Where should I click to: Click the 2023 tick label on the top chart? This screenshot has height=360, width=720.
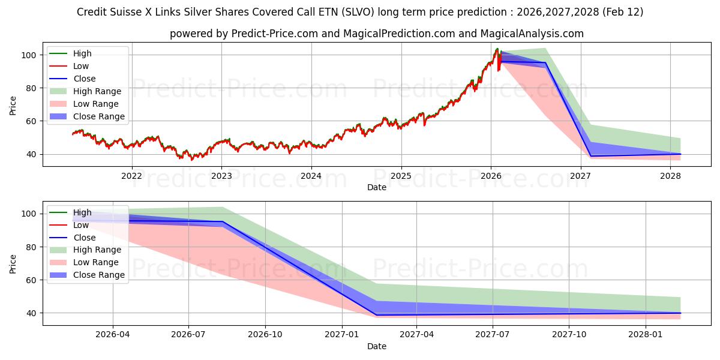click(x=221, y=176)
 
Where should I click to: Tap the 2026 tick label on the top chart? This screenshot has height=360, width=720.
click(x=491, y=176)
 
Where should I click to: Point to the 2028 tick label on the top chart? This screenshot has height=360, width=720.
click(x=670, y=176)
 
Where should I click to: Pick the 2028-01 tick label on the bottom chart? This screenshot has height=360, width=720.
click(x=646, y=335)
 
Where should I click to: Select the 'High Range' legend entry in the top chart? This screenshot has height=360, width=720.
click(x=97, y=91)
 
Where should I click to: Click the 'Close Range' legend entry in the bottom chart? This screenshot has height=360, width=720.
click(x=99, y=275)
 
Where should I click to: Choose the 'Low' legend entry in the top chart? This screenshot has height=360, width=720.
click(x=82, y=66)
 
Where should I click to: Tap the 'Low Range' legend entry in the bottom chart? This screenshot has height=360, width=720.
click(x=96, y=262)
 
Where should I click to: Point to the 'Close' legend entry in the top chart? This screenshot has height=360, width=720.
click(x=84, y=79)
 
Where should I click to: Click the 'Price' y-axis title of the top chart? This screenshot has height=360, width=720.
click(x=13, y=105)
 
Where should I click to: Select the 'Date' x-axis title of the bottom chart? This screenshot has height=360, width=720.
click(x=377, y=346)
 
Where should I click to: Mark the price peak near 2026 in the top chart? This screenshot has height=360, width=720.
click(x=497, y=49)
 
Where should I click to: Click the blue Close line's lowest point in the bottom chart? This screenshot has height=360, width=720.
click(x=376, y=315)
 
